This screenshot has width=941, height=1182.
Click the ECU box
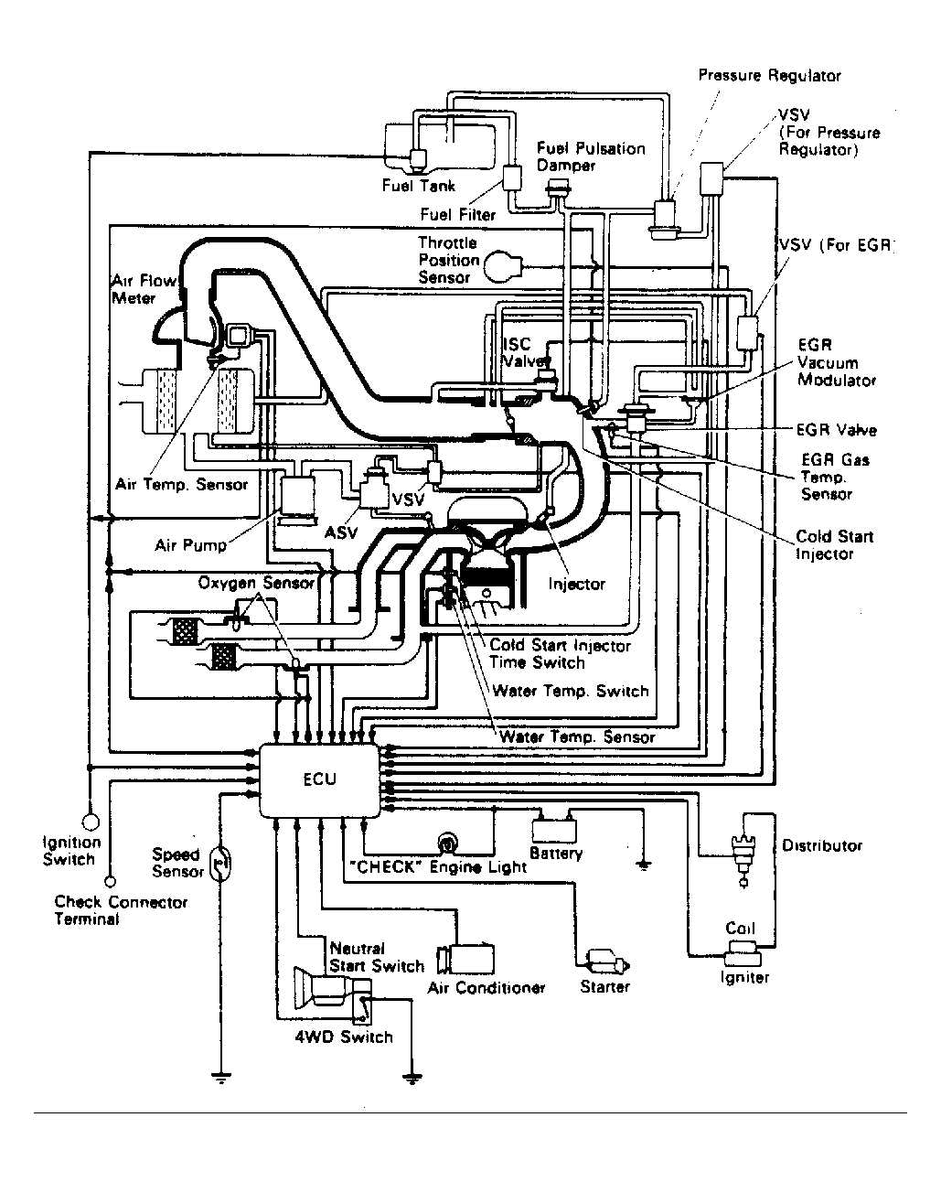[319, 780]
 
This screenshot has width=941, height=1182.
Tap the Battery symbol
[554, 829]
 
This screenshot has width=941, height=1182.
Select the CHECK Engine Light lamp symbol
[447, 844]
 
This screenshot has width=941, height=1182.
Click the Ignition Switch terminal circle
[90, 822]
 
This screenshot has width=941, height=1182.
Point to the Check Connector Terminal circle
[111, 882]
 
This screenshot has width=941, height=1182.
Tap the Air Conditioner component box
[465, 960]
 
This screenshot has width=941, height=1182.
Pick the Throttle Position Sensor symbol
[503, 266]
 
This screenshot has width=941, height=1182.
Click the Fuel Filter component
[512, 177]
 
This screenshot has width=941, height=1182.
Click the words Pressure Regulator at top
[769, 75]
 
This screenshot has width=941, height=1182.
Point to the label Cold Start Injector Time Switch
[560, 653]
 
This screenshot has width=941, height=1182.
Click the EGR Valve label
[836, 429]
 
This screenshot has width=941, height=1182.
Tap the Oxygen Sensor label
[256, 582]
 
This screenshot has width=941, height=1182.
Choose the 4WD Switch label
[344, 1037]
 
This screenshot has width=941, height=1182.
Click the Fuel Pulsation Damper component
[558, 189]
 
